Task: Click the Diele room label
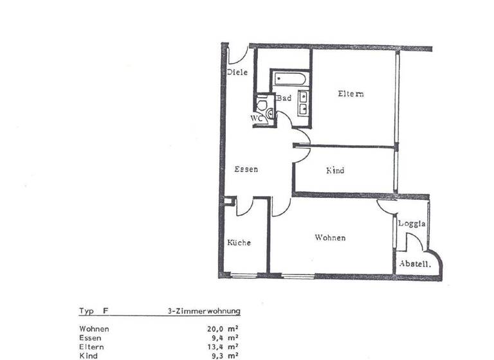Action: point(237,73)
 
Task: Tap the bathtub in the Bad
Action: point(289,80)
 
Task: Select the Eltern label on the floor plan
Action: point(351,94)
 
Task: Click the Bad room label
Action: point(284,98)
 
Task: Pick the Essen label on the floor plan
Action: point(246,170)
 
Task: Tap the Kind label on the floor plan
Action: point(335,170)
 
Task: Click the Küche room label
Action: point(239,242)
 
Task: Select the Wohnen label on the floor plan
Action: point(330,238)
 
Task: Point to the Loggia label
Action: point(412,224)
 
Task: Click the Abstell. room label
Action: point(415,264)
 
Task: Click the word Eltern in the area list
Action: point(91,345)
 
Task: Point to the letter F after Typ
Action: point(105,311)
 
